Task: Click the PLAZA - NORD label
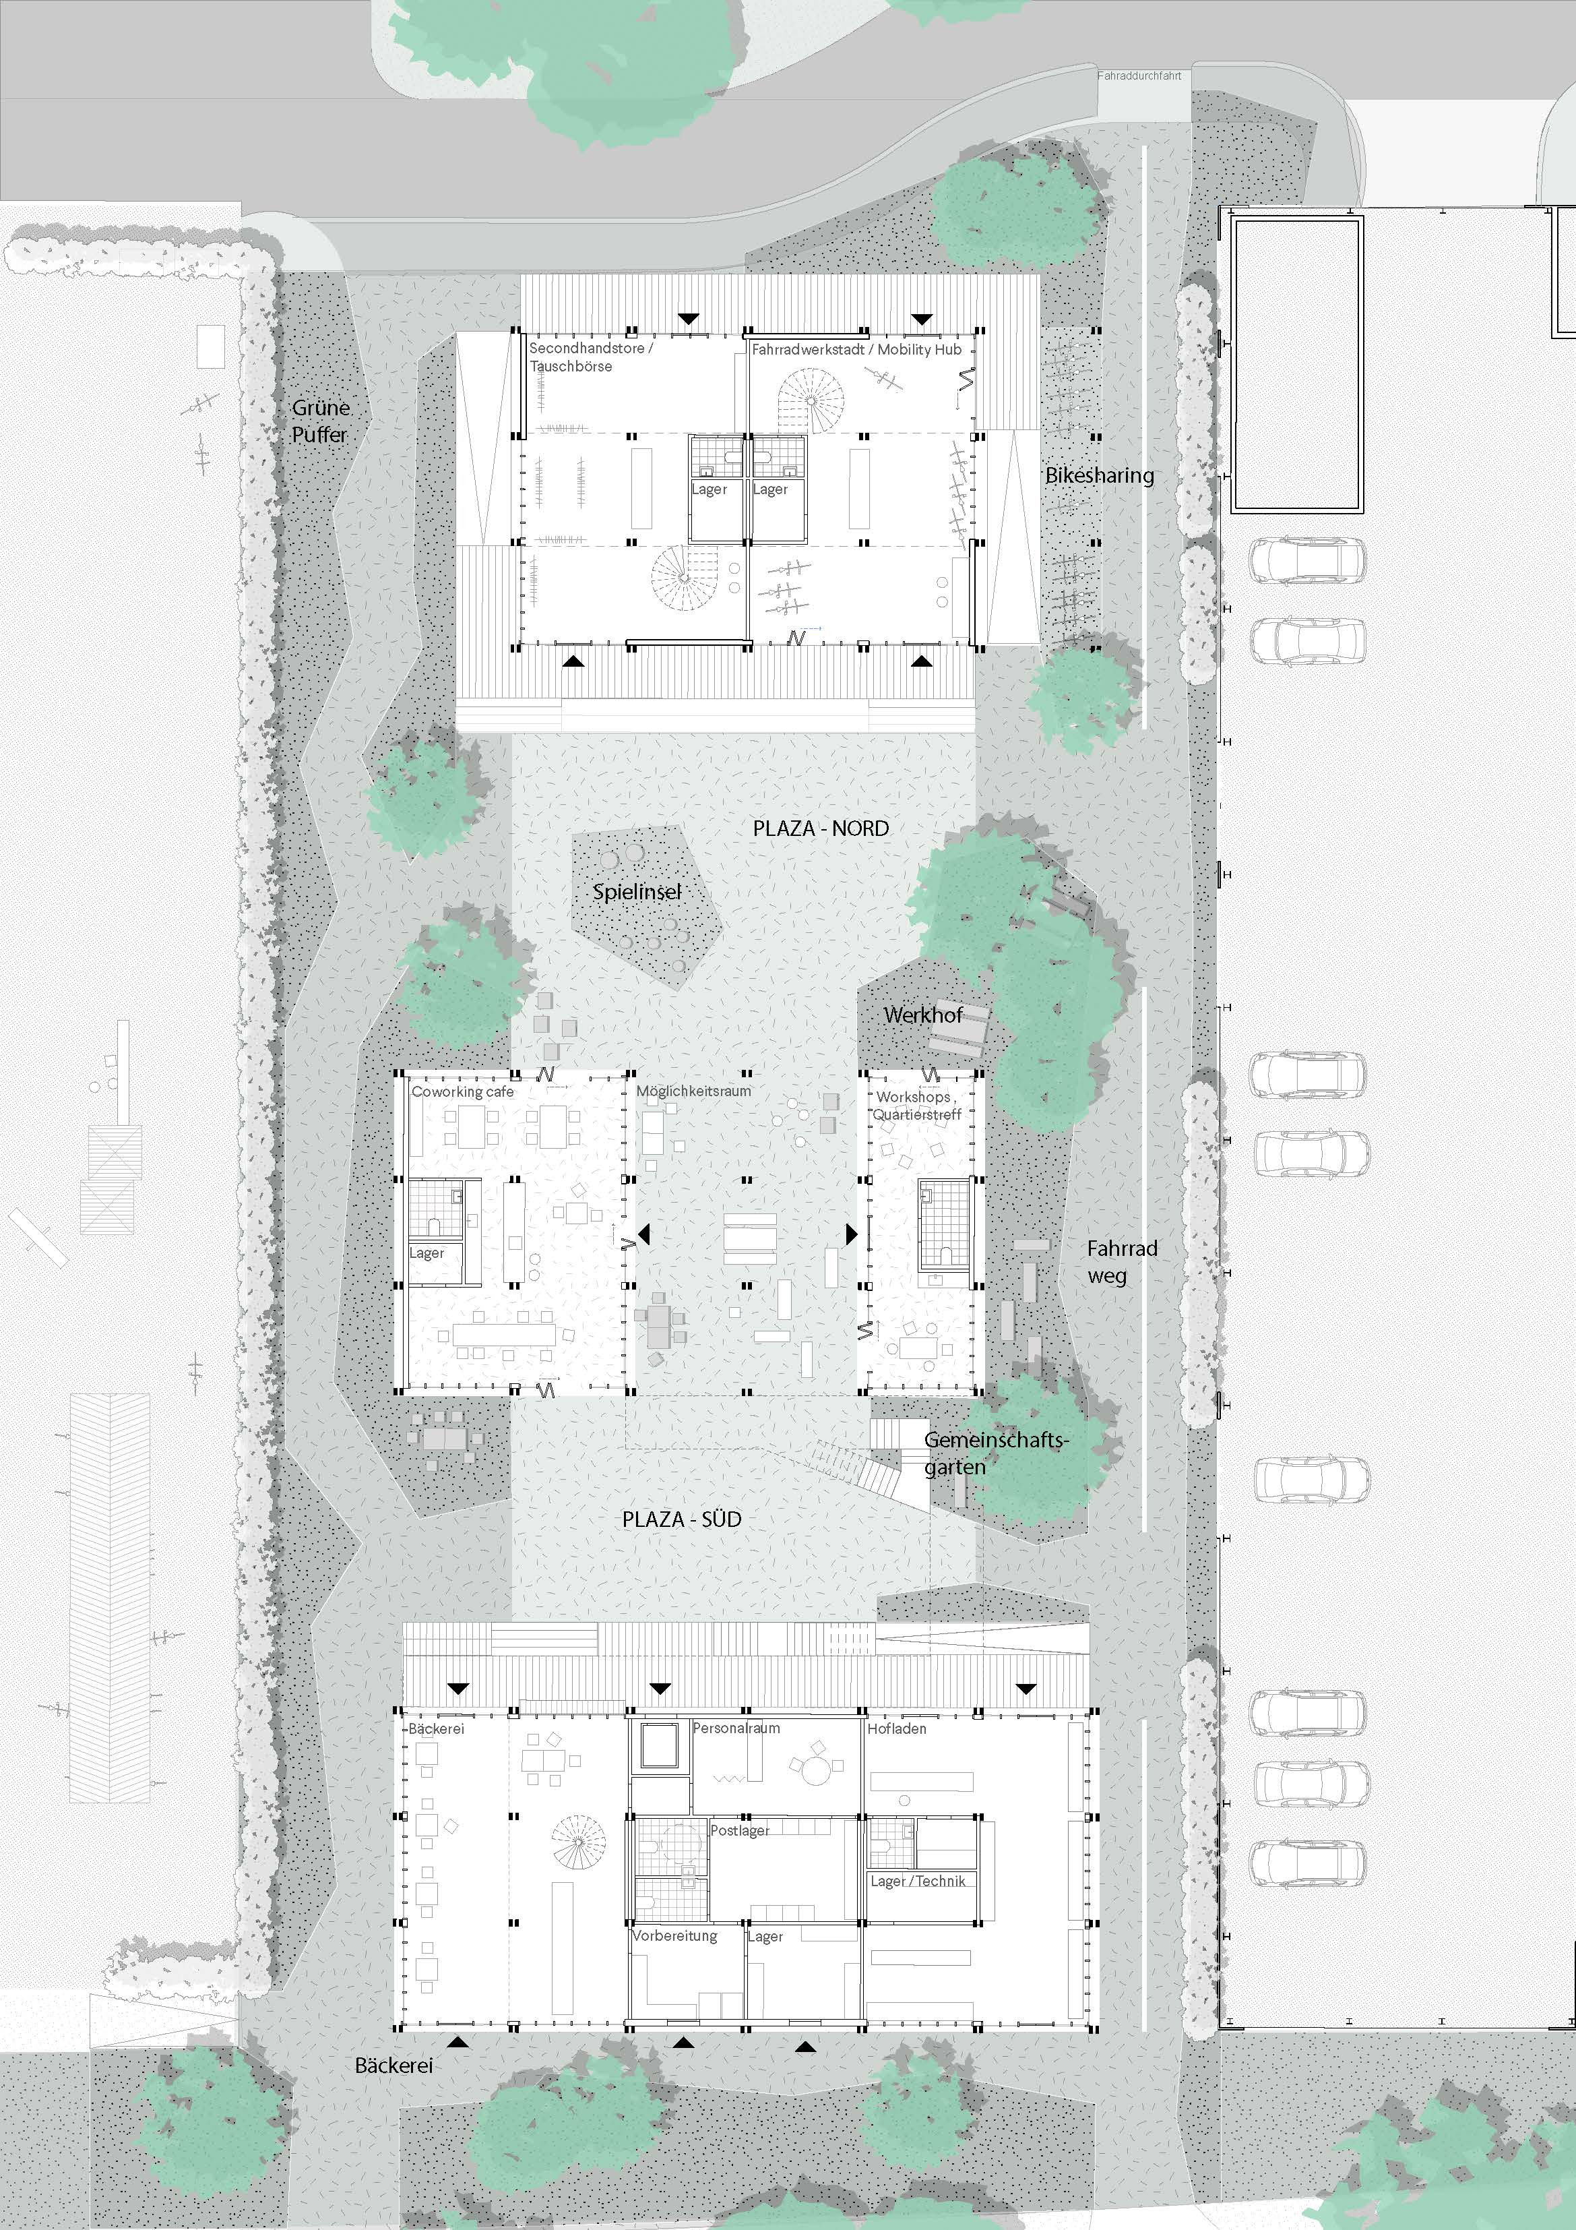pos(821,828)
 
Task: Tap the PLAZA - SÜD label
pos(682,1519)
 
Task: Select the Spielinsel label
pos(637,892)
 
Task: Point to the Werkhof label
pos(922,1015)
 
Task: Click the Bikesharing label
pos(1099,475)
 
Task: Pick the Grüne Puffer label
pos(321,421)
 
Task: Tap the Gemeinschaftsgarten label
pos(995,1453)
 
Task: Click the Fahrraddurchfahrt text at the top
pos(1139,75)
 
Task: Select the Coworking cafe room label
pos(462,1091)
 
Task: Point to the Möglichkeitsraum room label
pos(693,1091)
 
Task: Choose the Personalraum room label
pos(736,1728)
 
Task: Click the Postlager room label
pos(740,1830)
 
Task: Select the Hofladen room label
pos(896,1728)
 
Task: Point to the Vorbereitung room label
pos(675,1935)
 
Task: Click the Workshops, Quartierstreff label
pos(916,1106)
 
